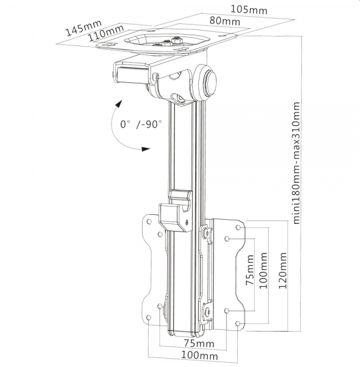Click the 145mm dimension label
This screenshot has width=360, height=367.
84,28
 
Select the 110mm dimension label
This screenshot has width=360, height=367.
105,33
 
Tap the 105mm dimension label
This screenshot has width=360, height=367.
249,10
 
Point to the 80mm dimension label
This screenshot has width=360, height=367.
225,20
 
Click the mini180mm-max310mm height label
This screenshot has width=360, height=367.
297,163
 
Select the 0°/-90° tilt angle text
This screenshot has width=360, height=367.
141,124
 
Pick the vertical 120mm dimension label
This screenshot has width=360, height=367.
283,271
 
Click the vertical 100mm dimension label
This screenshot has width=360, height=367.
264,271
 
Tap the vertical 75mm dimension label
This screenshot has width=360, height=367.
250,270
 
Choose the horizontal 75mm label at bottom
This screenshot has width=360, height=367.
199,344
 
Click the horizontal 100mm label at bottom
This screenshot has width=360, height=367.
199,356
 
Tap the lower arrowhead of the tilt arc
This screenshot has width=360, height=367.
146,149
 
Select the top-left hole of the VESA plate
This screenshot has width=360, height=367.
149,221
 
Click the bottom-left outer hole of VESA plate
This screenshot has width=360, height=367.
149,318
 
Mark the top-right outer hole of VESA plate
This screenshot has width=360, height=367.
238,227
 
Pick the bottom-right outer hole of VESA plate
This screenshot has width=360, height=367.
237,323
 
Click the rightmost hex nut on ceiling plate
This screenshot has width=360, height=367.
177,40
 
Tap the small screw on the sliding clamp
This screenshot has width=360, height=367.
187,222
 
